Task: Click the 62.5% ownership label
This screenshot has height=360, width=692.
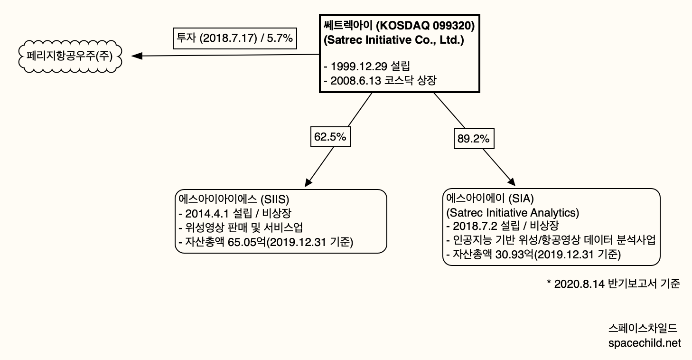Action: tap(330, 138)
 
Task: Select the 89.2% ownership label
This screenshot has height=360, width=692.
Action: tap(473, 139)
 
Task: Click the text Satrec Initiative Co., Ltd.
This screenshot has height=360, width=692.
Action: tap(393, 40)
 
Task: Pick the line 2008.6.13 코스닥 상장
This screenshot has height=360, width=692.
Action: tap(380, 81)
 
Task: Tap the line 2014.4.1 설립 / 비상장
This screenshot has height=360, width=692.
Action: tap(235, 212)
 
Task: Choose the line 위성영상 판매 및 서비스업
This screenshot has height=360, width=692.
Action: tap(241, 227)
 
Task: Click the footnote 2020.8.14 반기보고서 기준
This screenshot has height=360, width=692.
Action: tap(613, 284)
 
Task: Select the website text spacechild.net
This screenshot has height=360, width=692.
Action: tap(644, 343)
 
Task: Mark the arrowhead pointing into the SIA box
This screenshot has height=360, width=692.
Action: tap(512, 183)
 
